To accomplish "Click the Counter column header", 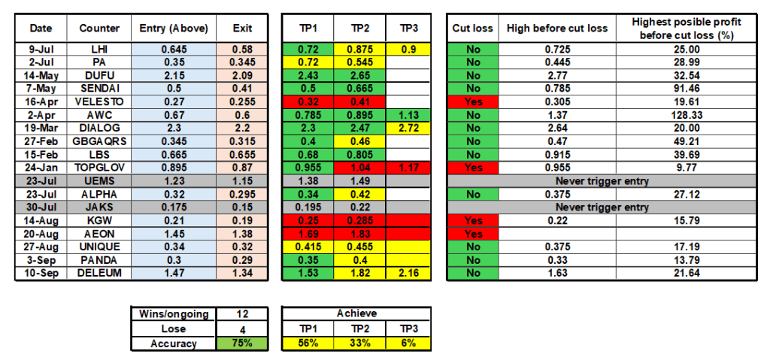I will [x=99, y=29].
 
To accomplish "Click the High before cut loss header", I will [x=557, y=29].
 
